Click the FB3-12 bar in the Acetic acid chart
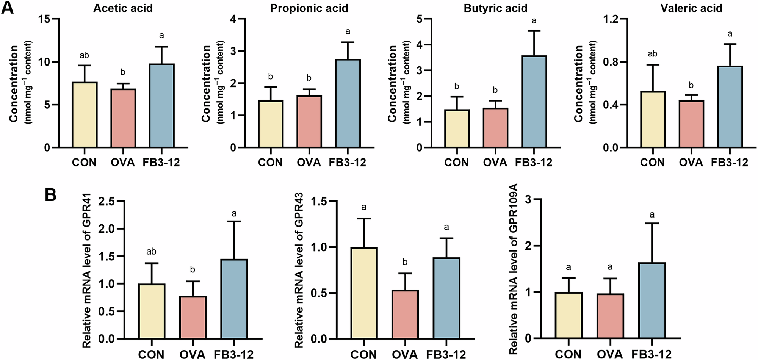click(x=162, y=106)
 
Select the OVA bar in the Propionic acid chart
click(x=309, y=122)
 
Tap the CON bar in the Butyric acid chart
click(x=457, y=128)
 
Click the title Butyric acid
click(x=495, y=8)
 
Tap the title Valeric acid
click(x=691, y=8)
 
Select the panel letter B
click(x=50, y=196)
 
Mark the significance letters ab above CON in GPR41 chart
click(x=152, y=252)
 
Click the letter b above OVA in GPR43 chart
click(x=405, y=262)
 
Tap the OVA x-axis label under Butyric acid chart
click(x=495, y=163)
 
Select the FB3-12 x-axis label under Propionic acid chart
click(x=347, y=163)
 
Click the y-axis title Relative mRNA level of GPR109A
click(x=513, y=269)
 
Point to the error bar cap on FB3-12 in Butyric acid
click(x=534, y=31)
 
